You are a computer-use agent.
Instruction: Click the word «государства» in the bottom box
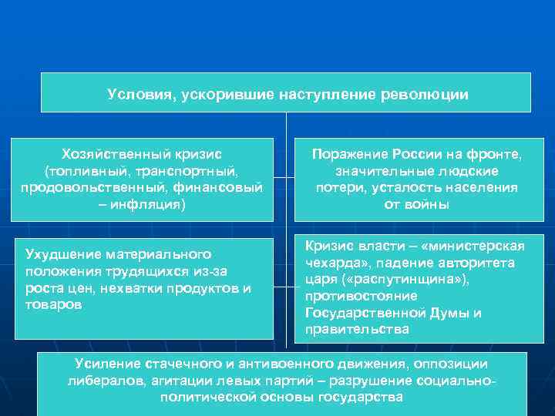click(360, 398)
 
